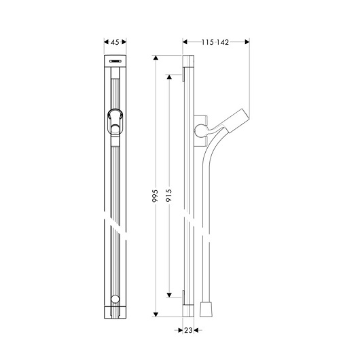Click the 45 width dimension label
click(x=115, y=42)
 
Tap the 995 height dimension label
click(x=156, y=196)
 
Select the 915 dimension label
click(x=168, y=195)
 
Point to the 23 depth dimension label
click(x=188, y=330)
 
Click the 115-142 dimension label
click(x=215, y=42)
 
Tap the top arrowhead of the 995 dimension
click(x=156, y=58)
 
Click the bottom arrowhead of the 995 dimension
click(x=156, y=314)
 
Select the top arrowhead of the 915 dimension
click(x=169, y=77)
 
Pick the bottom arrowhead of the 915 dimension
click(x=169, y=295)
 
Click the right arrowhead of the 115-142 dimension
click(x=247, y=42)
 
